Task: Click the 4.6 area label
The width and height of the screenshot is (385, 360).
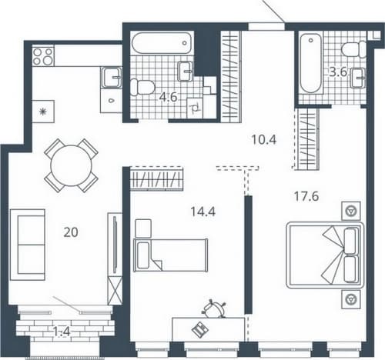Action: click(169, 98)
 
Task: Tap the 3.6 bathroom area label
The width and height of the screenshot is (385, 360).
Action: click(338, 72)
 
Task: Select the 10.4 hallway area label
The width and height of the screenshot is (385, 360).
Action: click(264, 140)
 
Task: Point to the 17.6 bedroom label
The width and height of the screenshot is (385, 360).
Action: click(306, 196)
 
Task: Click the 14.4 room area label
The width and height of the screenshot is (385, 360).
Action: click(203, 212)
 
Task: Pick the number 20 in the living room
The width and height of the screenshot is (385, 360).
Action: click(71, 232)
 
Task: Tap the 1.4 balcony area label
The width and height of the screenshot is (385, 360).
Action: click(62, 332)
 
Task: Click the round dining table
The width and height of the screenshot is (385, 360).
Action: click(71, 165)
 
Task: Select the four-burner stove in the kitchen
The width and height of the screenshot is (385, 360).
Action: click(43, 56)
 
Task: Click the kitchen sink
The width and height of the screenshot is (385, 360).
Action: click(112, 77)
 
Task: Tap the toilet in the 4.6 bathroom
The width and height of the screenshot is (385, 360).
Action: click(142, 87)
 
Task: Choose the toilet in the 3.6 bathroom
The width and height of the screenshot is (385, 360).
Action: click(353, 49)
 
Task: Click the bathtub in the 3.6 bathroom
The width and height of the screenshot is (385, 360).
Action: click(311, 63)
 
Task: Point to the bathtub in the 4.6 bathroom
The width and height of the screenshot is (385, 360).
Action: click(162, 43)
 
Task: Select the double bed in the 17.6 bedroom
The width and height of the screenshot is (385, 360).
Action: click(325, 255)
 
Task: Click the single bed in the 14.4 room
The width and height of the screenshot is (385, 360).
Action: click(171, 255)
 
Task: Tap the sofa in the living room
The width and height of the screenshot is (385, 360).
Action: click(28, 245)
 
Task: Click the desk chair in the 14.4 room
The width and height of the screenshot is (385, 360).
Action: click(214, 308)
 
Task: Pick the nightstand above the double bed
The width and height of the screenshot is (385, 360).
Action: click(351, 211)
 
